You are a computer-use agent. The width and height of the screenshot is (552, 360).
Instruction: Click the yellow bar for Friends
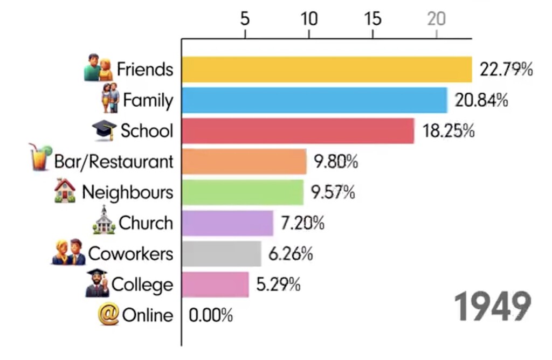pos(326,70)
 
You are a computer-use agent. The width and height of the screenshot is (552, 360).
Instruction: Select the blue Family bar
pos(314,100)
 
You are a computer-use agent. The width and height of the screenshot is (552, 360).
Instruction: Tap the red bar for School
pos(298,131)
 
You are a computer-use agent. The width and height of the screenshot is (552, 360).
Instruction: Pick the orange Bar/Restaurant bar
pos(244,162)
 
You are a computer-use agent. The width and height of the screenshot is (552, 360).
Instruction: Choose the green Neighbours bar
pos(242,192)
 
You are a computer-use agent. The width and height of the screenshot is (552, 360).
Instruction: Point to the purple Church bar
pos(227,223)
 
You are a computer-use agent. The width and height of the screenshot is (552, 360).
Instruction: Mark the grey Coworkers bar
pos(221,254)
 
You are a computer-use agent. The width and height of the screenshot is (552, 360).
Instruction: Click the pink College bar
pos(215,285)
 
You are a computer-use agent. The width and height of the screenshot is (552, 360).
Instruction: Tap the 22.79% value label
pos(506,70)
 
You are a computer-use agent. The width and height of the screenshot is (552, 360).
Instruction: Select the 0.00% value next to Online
pos(211,315)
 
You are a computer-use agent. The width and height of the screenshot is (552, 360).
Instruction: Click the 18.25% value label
pos(448,131)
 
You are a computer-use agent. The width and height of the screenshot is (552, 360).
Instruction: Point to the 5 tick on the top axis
pos(245,19)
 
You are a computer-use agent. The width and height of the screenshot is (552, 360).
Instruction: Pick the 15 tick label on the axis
pos(372,19)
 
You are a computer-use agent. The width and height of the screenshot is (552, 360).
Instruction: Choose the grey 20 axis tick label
pos(436,19)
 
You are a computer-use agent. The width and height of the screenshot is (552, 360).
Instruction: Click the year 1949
pos(492,307)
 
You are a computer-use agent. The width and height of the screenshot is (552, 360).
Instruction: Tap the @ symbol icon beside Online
pos(108,315)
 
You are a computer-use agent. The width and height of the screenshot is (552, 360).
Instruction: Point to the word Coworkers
pos(130,254)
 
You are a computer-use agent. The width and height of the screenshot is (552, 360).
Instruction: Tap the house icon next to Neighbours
pos(65,191)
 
